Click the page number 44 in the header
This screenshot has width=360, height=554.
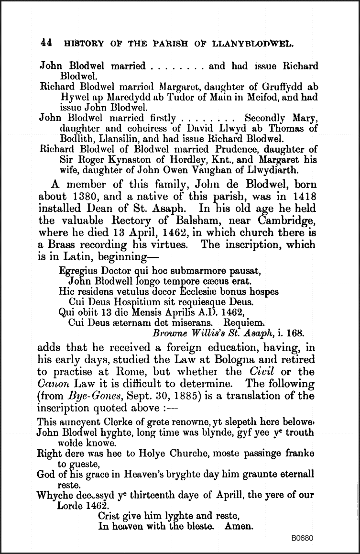[46, 43]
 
